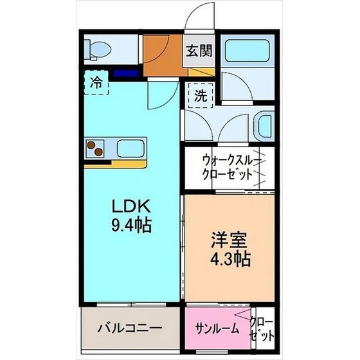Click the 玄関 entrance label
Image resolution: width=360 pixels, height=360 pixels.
coord(199,51)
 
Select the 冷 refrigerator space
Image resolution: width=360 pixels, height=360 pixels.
coord(96,82)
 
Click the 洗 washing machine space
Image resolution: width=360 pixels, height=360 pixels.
coord(201,95)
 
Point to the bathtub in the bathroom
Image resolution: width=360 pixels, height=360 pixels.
coord(247,51)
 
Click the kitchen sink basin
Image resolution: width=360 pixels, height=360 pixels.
coord(130,148)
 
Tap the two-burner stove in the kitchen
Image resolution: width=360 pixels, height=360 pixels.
coord(95,148)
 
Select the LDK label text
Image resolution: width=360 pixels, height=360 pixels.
coord(131,206)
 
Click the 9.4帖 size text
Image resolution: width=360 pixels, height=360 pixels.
coord(131,225)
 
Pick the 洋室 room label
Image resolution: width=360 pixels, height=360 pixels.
coord(230,240)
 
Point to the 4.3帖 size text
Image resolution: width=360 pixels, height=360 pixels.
coord(230,259)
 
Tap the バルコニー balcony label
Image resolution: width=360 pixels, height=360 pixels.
coord(130,328)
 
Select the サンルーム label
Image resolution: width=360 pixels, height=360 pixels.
coord(217,328)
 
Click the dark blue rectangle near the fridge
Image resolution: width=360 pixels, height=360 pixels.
coord(126,73)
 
